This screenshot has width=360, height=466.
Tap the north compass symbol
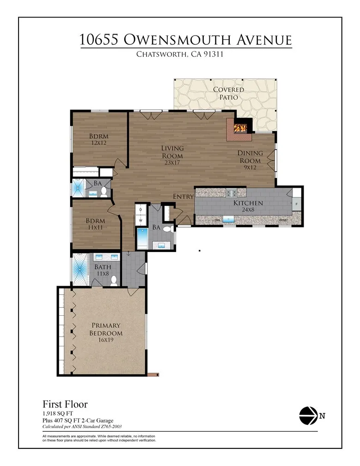308,416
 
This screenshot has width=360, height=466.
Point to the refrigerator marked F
296,203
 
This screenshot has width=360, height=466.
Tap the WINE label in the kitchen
283,221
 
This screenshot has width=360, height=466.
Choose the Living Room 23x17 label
172,155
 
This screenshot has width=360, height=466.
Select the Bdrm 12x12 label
98,140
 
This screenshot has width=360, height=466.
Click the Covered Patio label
225,93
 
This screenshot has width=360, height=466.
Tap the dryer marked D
140,210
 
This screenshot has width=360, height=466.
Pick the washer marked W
140,221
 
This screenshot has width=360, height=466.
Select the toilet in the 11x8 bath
114,278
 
